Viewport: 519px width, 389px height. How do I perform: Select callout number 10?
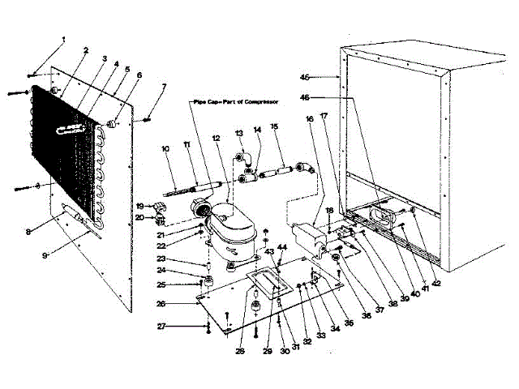click(165, 149)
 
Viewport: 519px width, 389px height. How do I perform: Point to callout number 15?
click(274, 126)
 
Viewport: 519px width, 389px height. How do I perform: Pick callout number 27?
click(161, 326)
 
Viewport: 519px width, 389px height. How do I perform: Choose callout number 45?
click(328, 78)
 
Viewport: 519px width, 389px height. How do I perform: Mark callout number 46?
click(328, 97)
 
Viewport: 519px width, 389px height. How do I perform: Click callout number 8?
click(28, 232)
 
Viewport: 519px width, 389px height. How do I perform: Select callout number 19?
click(139, 206)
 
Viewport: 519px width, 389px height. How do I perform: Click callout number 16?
click(309, 118)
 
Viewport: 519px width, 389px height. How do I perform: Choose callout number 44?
click(282, 246)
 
